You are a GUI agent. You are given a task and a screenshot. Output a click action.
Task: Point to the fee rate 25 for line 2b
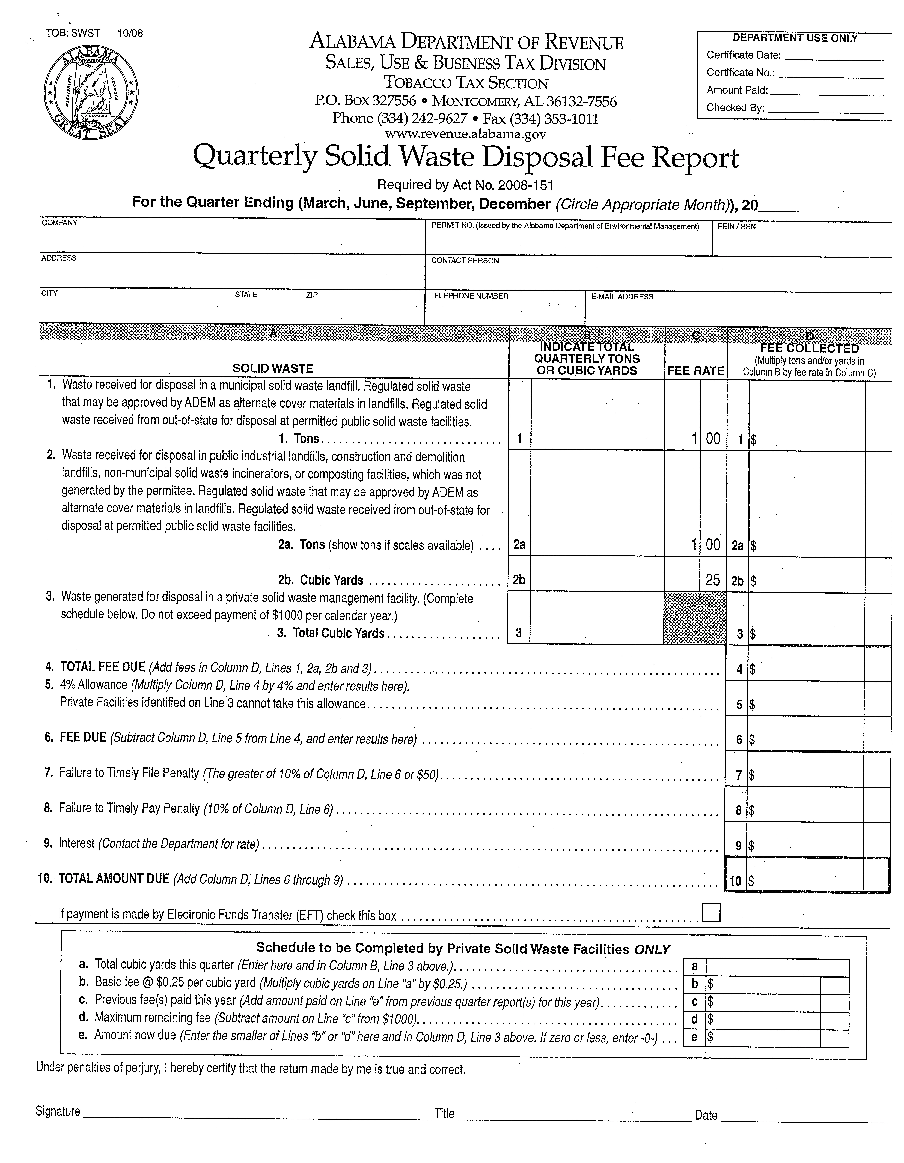pos(713,580)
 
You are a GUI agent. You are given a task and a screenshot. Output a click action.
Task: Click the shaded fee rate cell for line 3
pos(695,618)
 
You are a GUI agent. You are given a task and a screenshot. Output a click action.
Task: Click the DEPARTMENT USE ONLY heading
pos(795,38)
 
